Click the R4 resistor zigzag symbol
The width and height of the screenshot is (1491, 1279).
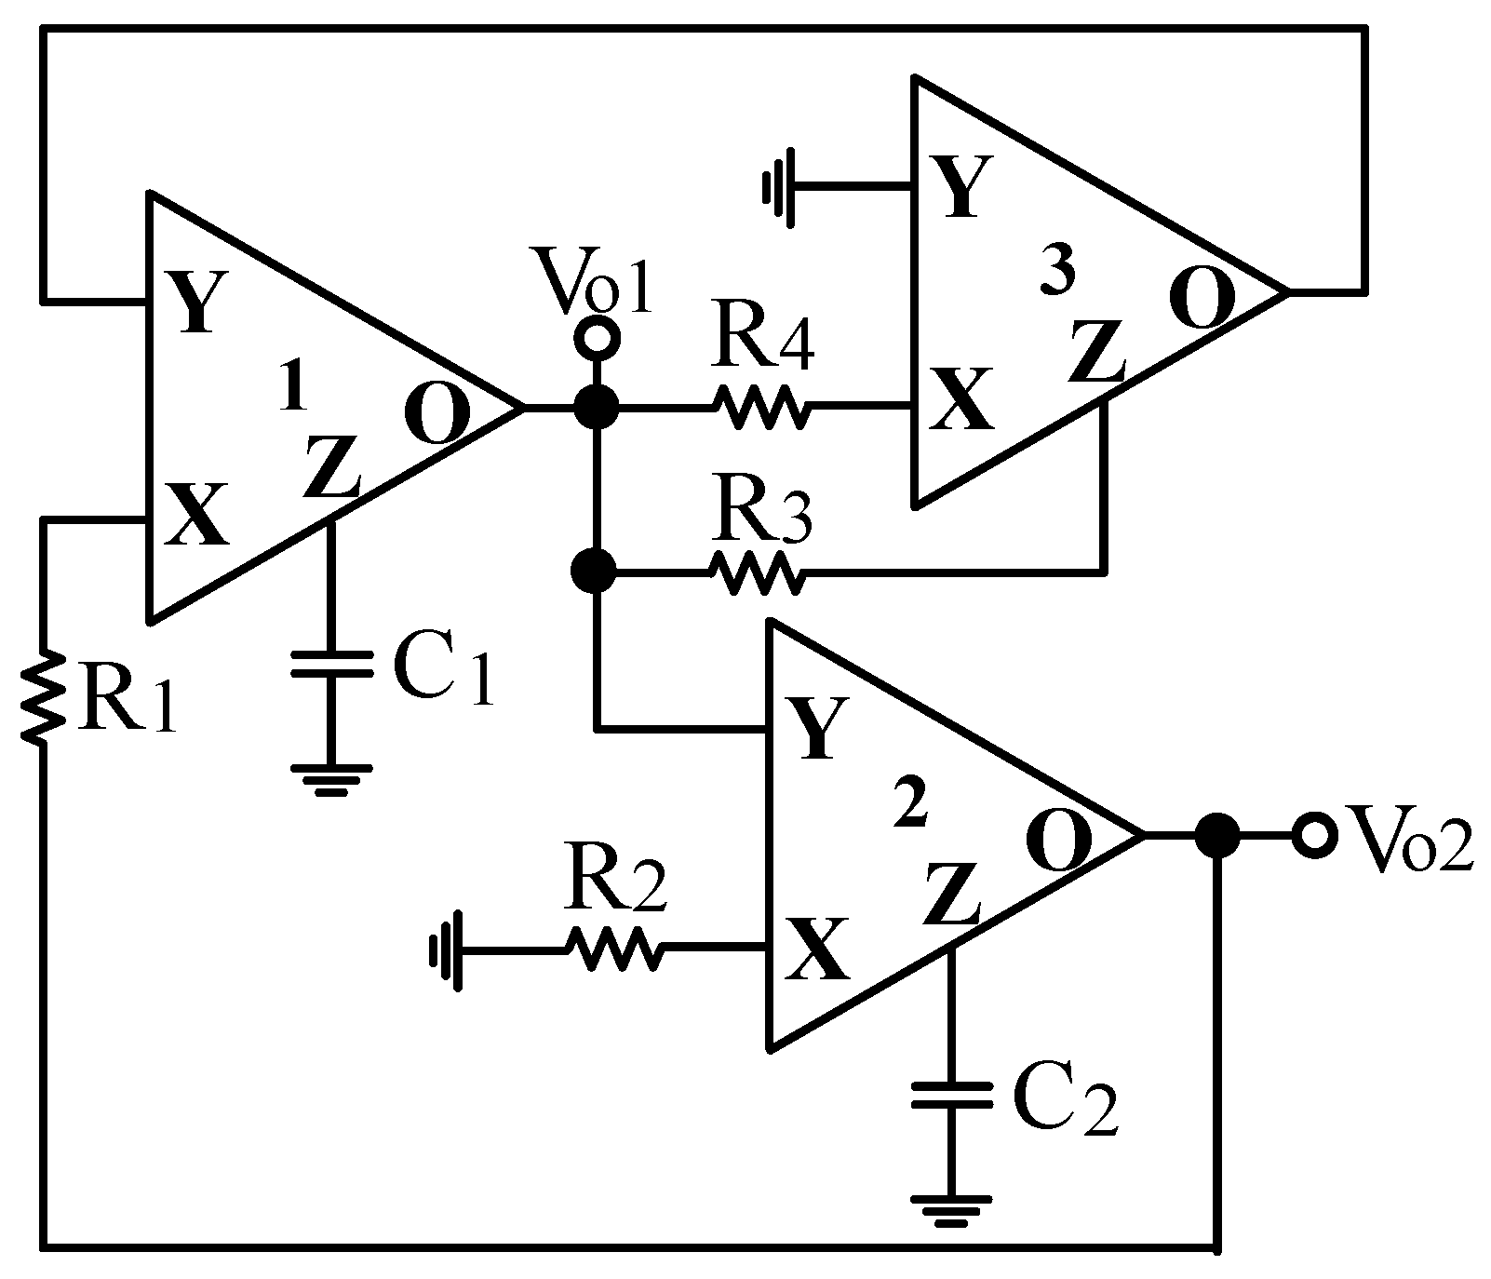(760, 407)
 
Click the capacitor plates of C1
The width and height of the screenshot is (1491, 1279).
(331, 663)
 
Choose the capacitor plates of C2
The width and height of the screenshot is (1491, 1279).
(951, 1094)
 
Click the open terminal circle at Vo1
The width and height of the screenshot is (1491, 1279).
(595, 337)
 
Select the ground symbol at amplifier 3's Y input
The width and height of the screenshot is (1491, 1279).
(777, 188)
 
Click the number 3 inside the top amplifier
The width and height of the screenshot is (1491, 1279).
(1057, 273)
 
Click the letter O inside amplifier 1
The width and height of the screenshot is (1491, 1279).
(437, 415)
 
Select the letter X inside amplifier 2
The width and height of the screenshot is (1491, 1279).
(817, 949)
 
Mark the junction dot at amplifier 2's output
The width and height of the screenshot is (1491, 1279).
(1216, 835)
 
